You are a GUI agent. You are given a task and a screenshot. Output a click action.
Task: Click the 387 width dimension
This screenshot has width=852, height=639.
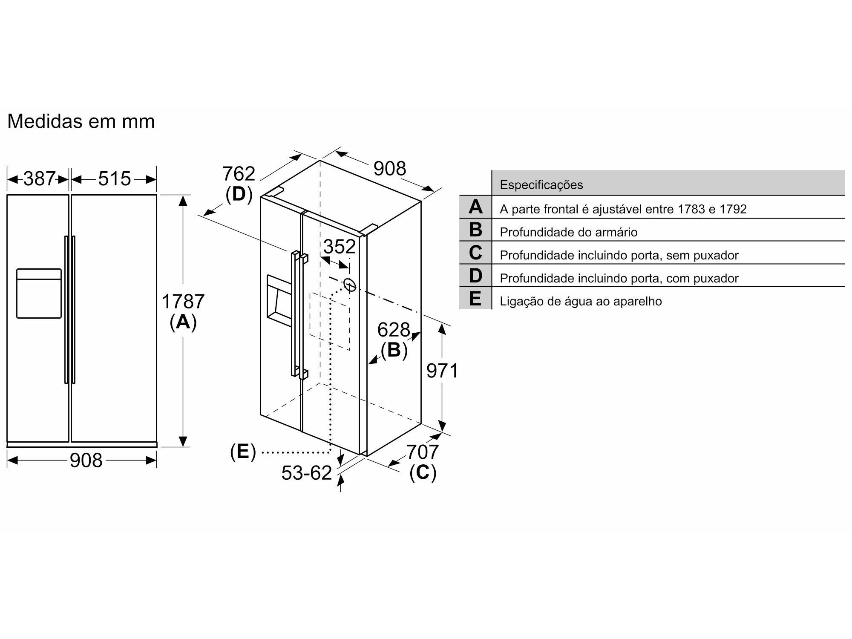tap(39, 179)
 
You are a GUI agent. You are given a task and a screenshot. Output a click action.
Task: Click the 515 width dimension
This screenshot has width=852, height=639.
tap(114, 179)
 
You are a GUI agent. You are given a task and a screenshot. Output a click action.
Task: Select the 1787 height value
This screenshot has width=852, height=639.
tap(183, 302)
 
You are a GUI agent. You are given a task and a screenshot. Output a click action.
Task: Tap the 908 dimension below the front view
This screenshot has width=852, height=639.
tap(86, 460)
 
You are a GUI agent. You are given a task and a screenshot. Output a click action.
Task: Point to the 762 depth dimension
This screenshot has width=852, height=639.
tap(239, 174)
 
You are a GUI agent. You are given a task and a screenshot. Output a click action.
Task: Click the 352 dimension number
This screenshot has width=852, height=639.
tap(340, 247)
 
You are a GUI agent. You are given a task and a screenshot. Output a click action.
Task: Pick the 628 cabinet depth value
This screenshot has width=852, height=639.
tap(394, 330)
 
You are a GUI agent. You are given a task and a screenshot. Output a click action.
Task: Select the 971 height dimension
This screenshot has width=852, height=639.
tap(442, 371)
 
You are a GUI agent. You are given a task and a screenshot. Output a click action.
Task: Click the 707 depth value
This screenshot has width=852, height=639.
tap(422, 452)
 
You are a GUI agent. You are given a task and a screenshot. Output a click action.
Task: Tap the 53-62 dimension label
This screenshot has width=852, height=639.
tap(307, 473)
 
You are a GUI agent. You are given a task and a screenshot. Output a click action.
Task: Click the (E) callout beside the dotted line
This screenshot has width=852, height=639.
tap(243, 452)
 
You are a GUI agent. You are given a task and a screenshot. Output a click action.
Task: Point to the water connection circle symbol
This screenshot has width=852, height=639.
tap(350, 285)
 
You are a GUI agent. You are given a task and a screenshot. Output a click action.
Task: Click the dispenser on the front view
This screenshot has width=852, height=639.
tap(39, 294)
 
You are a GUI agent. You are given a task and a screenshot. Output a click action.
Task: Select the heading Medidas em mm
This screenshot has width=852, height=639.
tap(81, 121)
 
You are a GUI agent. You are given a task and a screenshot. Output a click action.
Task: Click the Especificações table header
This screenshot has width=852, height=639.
tap(541, 185)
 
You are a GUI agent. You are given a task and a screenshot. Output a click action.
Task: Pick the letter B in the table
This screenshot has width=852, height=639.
tap(475, 230)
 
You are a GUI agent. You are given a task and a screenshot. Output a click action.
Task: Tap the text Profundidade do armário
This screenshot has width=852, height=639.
tap(569, 232)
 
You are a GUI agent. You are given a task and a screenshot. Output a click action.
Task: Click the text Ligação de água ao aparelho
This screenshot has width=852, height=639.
tap(581, 301)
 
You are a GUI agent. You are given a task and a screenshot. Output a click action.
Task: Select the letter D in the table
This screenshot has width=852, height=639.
tap(475, 276)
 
